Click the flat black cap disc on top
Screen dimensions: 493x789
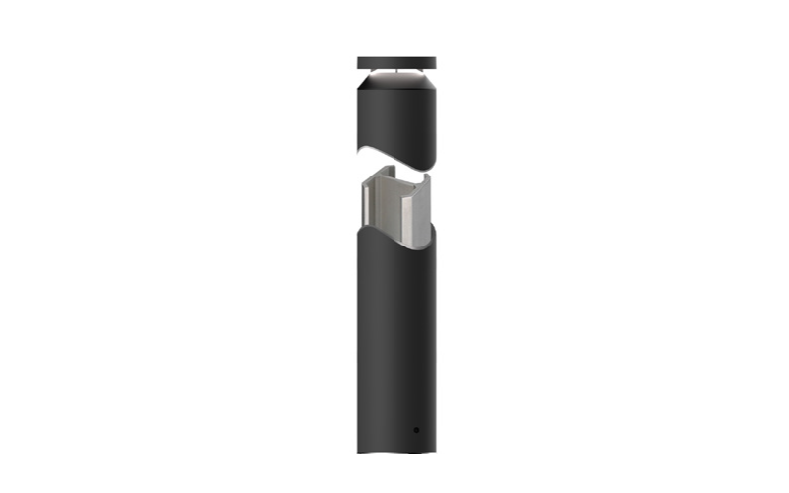point(395,63)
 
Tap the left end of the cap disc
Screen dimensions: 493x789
point(359,63)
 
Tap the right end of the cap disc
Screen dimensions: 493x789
point(433,63)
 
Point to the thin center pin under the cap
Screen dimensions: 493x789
point(395,73)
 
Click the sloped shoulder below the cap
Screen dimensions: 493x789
point(395,84)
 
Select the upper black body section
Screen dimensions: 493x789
point(394,118)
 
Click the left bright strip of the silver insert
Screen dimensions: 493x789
point(370,212)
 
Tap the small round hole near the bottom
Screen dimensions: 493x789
point(416,430)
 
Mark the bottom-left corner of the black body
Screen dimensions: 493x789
point(358,452)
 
